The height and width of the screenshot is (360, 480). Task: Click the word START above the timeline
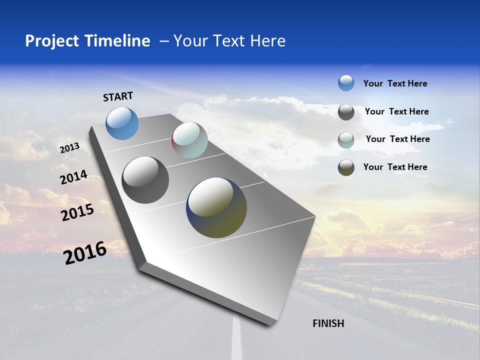[118, 96]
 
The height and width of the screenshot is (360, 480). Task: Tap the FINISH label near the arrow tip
[328, 323]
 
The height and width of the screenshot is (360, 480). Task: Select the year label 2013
[69, 148]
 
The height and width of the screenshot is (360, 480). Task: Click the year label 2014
[73, 177]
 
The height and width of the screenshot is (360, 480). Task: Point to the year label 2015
[77, 212]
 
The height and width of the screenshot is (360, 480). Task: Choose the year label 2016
[85, 252]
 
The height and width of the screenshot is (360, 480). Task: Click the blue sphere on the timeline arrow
[122, 123]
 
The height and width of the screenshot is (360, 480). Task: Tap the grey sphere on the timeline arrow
[145, 180]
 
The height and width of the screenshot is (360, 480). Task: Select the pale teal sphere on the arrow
[189, 140]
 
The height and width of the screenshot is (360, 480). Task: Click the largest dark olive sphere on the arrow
[216, 207]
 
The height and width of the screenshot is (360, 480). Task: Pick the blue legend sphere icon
[346, 83]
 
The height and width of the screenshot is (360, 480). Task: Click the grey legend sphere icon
[346, 112]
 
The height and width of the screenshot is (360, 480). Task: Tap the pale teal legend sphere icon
[346, 140]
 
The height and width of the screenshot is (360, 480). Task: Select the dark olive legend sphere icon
[346, 167]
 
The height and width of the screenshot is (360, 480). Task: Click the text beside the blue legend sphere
[395, 83]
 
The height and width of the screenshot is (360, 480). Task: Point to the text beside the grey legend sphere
[396, 111]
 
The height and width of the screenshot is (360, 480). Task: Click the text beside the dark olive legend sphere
[395, 167]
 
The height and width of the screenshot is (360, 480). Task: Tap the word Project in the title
[52, 41]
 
